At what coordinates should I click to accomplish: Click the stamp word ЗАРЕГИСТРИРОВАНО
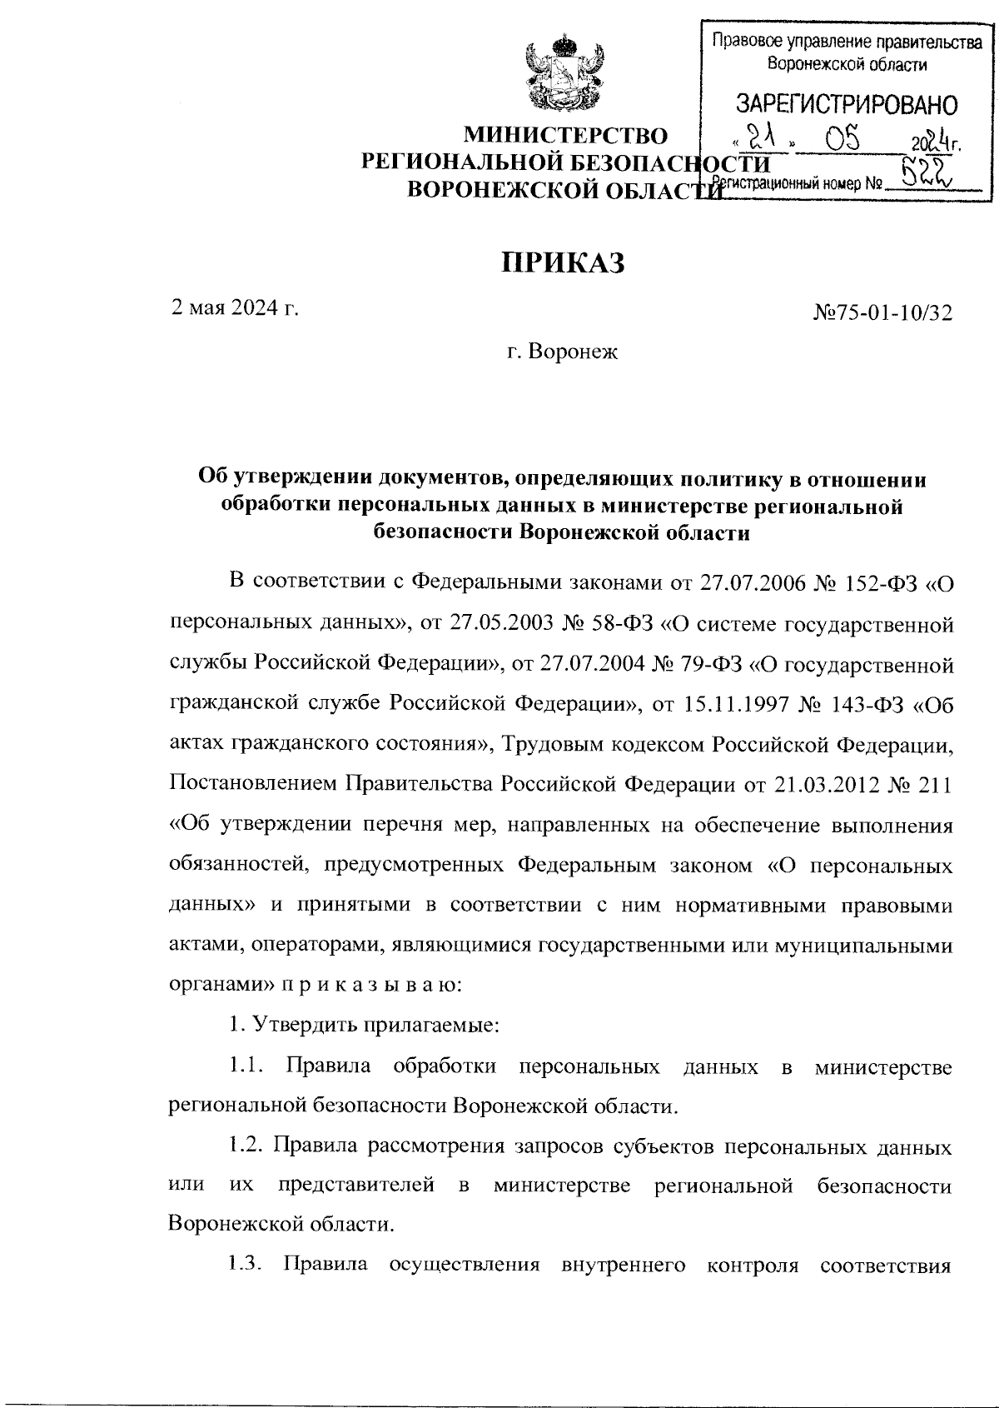tap(846, 105)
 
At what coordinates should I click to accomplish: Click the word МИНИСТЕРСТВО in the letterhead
tap(565, 136)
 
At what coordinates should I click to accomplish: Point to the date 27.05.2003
tap(511, 622)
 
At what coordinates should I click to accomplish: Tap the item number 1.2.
tap(246, 1146)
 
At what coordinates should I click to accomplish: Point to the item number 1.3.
tap(245, 1267)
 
